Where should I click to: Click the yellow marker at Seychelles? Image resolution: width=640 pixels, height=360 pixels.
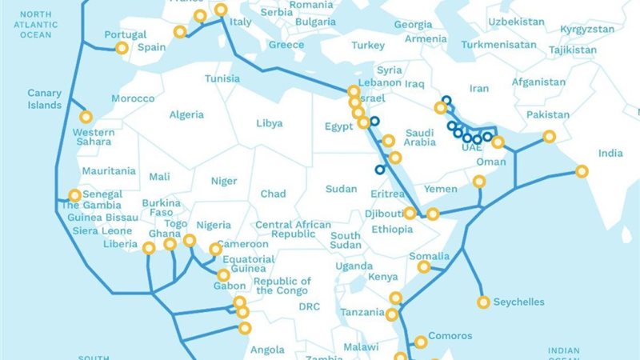point(483,302)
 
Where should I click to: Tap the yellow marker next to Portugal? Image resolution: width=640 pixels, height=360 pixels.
point(122,48)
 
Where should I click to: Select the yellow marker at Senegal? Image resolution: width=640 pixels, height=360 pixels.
point(74,195)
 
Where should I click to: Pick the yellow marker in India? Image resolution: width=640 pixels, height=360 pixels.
point(582,171)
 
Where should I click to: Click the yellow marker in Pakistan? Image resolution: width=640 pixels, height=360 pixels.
point(549,137)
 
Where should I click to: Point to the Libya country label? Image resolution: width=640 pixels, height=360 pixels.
point(269,124)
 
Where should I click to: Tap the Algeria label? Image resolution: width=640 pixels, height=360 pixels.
point(186,115)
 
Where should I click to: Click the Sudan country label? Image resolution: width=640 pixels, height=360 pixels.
point(341,190)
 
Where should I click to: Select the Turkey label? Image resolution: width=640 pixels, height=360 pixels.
point(368,46)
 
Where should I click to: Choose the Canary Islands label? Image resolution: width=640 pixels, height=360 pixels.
point(45,99)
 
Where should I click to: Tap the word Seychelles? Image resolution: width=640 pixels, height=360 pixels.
point(518,302)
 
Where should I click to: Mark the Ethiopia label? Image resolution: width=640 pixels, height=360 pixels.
point(391,230)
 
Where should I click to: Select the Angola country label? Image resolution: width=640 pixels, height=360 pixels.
point(267,350)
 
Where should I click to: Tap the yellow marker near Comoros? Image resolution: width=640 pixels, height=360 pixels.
point(419,342)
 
